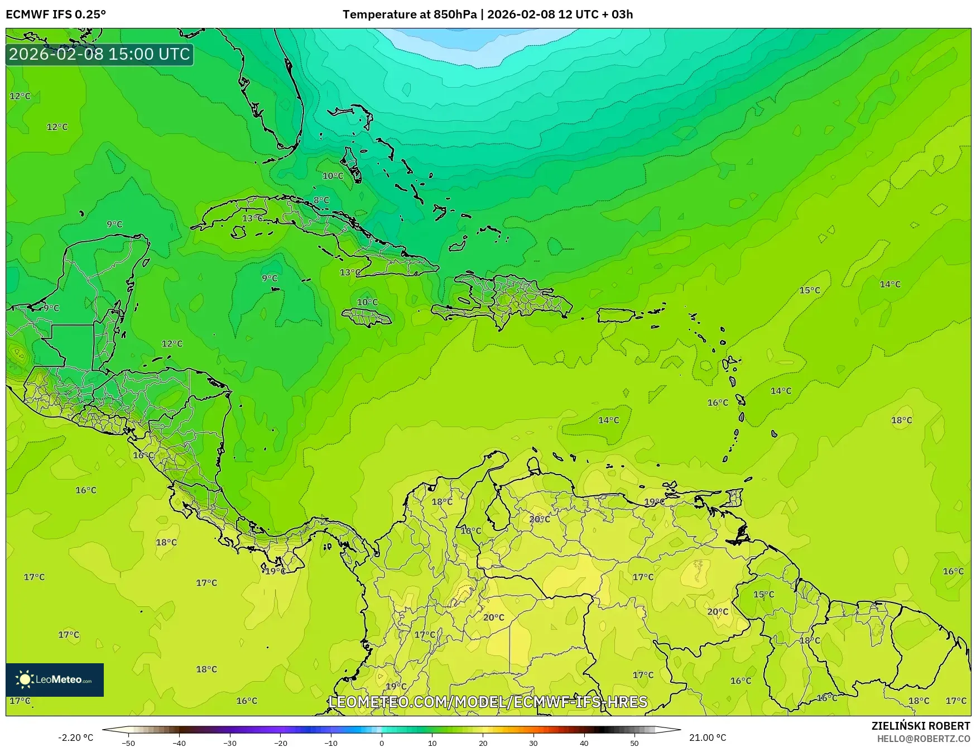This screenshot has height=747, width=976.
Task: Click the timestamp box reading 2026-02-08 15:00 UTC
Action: [99, 54]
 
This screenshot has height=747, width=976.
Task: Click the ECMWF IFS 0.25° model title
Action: [56, 15]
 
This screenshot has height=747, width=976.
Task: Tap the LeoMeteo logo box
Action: [55, 679]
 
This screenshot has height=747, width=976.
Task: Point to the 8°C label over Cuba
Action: [321, 200]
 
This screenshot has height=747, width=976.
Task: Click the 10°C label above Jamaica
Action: [367, 302]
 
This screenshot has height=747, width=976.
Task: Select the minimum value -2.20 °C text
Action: [76, 738]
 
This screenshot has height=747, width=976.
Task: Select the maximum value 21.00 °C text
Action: [708, 738]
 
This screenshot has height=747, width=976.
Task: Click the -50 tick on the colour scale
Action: [128, 743]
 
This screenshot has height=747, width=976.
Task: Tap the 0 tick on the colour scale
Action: [382, 743]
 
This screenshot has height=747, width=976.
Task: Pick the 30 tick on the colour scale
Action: [533, 743]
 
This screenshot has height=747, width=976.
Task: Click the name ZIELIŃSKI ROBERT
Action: [921, 726]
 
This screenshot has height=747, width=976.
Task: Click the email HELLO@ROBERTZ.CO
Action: [923, 739]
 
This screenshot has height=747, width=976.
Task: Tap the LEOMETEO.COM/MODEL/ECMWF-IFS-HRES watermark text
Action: [488, 702]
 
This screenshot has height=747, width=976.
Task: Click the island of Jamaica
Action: [367, 318]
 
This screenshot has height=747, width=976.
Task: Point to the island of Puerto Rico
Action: [617, 315]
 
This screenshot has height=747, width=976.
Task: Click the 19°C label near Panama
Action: [275, 571]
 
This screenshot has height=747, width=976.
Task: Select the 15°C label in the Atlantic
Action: [810, 290]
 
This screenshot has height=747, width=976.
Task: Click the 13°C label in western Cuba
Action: [253, 218]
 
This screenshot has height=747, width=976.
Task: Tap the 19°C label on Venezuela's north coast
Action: [655, 502]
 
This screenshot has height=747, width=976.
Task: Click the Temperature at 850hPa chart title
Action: [488, 15]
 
